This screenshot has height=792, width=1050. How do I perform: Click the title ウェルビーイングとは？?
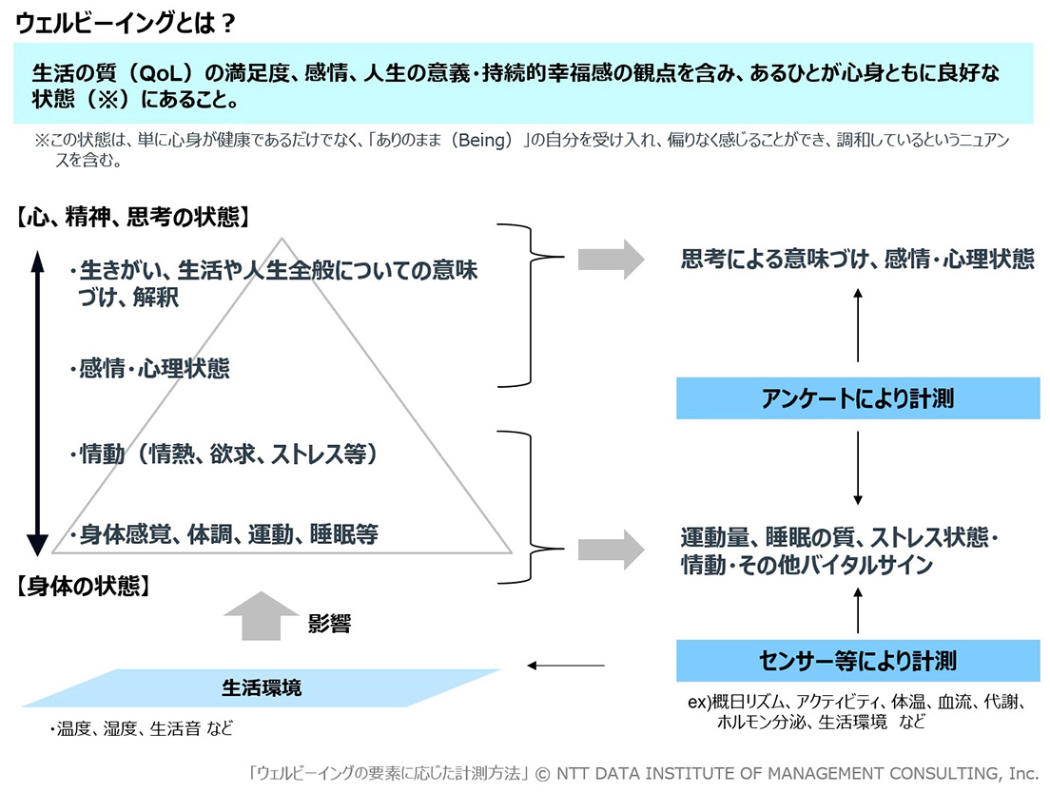point(126,23)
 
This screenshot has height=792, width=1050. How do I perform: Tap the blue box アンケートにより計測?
point(858,398)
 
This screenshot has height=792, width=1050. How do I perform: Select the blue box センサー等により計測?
point(858,661)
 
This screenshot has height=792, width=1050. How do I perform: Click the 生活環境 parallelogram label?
point(262,687)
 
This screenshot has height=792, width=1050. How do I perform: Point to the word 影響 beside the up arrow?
point(329,624)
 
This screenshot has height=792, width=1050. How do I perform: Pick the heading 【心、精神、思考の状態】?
point(133,217)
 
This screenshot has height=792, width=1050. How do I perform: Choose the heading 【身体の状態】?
point(83,586)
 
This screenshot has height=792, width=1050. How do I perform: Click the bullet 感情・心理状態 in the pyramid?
point(150,368)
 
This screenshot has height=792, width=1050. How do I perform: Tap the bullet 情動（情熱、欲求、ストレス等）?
point(225,454)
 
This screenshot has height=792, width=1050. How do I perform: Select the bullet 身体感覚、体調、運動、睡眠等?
point(225,534)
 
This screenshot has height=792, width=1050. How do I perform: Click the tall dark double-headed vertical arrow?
point(37,404)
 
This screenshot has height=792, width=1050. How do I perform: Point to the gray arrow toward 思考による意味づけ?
point(612,259)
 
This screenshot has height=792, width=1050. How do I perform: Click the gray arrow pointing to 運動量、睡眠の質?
point(612,550)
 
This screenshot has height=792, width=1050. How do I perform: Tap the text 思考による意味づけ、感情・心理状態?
point(857,260)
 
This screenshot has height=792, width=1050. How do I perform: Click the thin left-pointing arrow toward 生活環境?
point(566,666)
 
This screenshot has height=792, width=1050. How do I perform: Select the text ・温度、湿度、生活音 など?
point(142,728)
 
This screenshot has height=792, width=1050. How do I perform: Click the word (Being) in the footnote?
point(481,140)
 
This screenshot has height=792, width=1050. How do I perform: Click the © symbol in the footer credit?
point(543,774)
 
